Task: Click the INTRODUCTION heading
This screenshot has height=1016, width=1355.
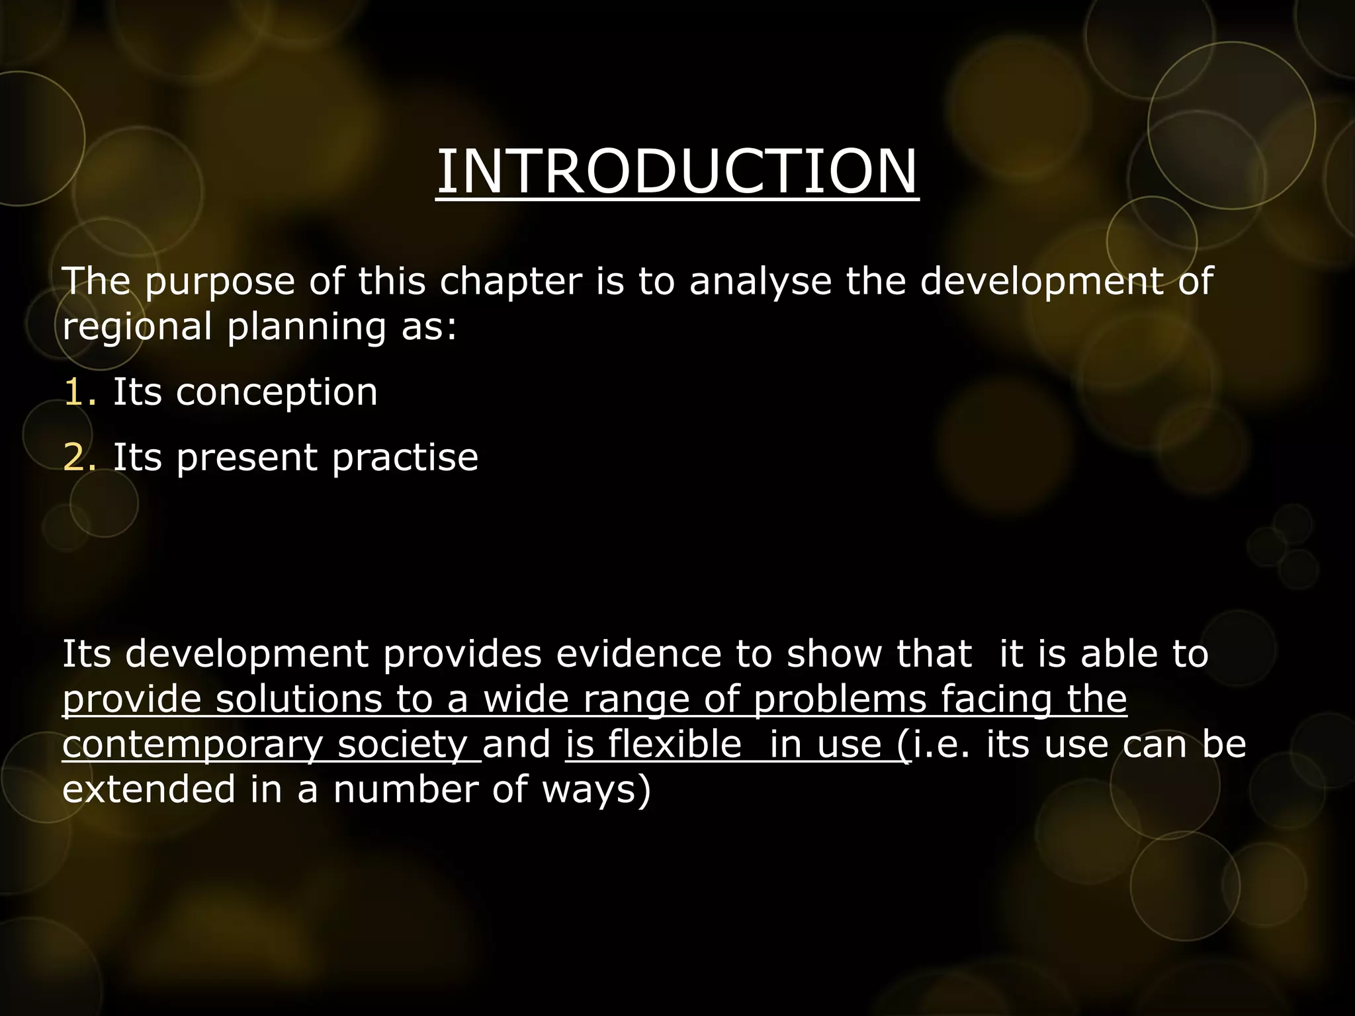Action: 677,171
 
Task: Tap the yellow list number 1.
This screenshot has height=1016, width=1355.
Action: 79,392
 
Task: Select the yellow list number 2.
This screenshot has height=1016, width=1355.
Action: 79,457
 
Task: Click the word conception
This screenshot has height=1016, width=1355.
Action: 277,392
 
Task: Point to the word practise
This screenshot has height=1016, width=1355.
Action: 405,457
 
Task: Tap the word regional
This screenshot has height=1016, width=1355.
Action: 137,327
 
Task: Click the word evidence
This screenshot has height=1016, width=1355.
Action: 638,654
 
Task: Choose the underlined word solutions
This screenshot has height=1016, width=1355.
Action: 299,699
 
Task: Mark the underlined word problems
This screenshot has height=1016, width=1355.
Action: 840,699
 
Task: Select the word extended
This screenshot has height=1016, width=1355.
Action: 149,790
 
